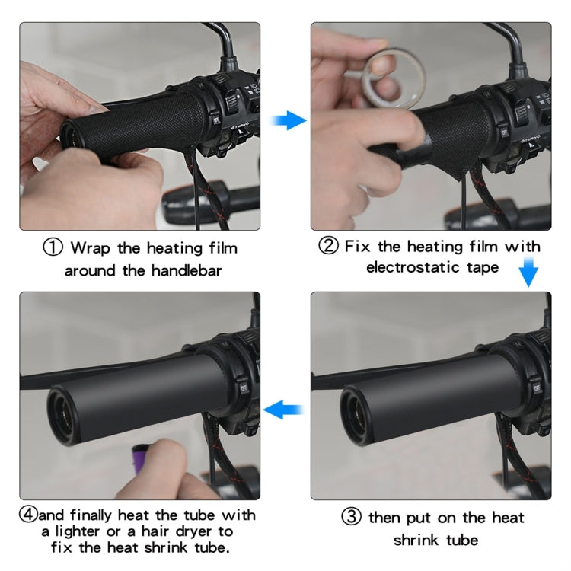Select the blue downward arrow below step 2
(528, 273)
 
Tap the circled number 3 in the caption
(351, 518)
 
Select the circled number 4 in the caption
(29, 515)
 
